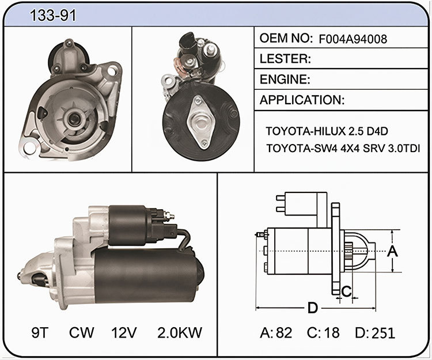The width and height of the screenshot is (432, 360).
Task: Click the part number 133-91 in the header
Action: [52, 15]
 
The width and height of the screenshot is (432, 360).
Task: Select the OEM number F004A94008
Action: [353, 39]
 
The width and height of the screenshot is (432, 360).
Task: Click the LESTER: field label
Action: [285, 59]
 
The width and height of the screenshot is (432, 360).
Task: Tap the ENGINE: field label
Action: [285, 79]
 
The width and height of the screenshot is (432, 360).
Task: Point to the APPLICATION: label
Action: [302, 100]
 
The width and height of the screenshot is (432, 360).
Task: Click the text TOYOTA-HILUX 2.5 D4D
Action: [327, 131]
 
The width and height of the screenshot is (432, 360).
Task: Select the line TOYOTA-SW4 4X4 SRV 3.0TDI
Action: [343, 149]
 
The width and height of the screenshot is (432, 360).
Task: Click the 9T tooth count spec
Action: [40, 332]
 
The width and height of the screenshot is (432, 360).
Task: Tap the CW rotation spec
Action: [82, 332]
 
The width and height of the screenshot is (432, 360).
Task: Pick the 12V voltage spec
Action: [124, 332]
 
